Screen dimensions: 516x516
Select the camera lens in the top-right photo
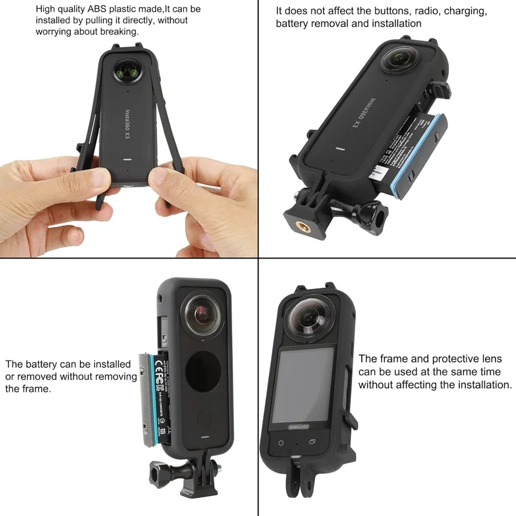(x=400, y=56)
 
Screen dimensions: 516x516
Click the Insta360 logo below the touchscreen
(x=299, y=427)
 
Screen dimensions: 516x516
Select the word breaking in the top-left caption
(x=118, y=32)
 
